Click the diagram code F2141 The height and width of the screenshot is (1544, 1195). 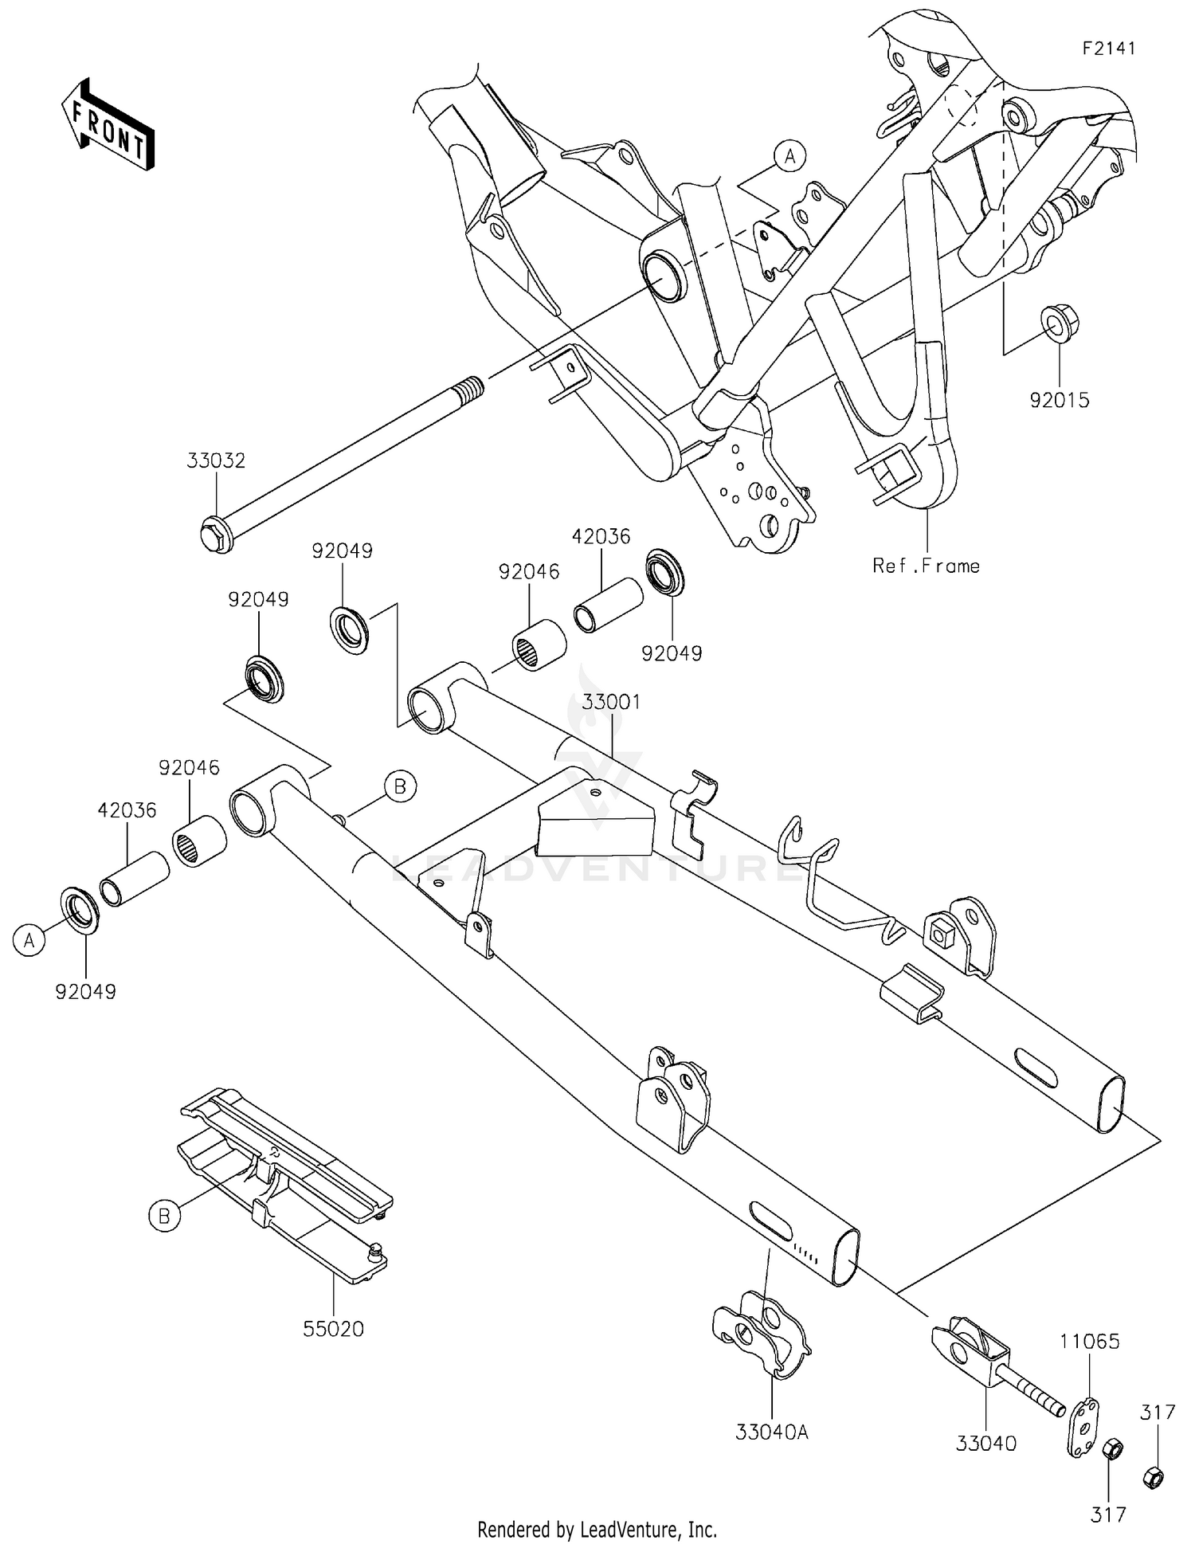pyautogui.click(x=1108, y=48)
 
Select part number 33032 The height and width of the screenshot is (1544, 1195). pyautogui.click(x=217, y=460)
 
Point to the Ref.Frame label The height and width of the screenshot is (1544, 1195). pyautogui.click(x=926, y=566)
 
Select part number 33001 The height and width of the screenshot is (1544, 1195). pyautogui.click(x=611, y=702)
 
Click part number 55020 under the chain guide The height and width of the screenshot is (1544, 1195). pyautogui.click(x=333, y=1329)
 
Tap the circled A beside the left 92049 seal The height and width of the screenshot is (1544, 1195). pyautogui.click(x=29, y=940)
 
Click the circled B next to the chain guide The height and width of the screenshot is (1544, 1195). pyautogui.click(x=164, y=1217)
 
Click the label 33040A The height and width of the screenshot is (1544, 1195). pyautogui.click(x=772, y=1432)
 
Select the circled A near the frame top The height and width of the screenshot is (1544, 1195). pyautogui.click(x=789, y=157)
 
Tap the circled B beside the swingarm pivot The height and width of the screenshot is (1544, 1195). pyautogui.click(x=400, y=787)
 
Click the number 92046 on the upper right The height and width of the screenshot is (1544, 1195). pyautogui.click(x=529, y=571)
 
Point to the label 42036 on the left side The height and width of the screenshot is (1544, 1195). pyautogui.click(x=127, y=809)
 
